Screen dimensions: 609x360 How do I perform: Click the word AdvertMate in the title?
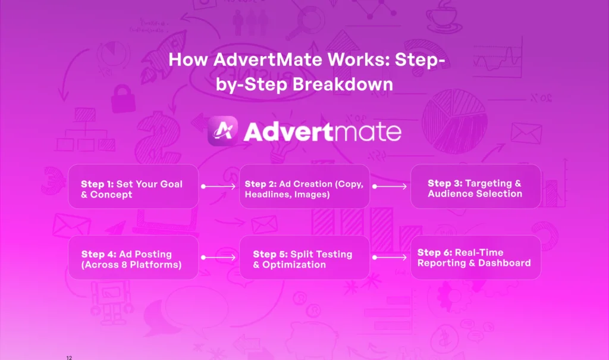[268, 60]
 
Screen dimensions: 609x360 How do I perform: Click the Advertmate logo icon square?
[223, 131]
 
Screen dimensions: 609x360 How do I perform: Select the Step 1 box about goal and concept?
[133, 186]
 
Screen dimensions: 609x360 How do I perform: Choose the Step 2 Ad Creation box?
[304, 186]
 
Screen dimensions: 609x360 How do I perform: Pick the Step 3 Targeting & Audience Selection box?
[476, 186]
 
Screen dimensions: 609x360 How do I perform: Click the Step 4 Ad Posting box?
[133, 258]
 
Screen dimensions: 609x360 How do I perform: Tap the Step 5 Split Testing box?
[304, 258]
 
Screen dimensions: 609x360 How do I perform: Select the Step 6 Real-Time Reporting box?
[476, 258]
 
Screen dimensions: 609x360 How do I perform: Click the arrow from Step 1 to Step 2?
[218, 187]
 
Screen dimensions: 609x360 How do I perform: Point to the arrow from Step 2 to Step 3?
[390, 187]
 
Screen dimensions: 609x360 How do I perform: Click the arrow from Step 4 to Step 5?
[218, 258]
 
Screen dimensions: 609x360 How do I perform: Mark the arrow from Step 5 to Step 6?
[390, 258]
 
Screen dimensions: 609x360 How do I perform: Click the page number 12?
[69, 358]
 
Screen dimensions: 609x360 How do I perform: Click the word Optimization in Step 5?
[294, 265]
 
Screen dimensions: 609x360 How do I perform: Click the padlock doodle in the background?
[123, 98]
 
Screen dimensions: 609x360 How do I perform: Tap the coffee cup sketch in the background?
[444, 17]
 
